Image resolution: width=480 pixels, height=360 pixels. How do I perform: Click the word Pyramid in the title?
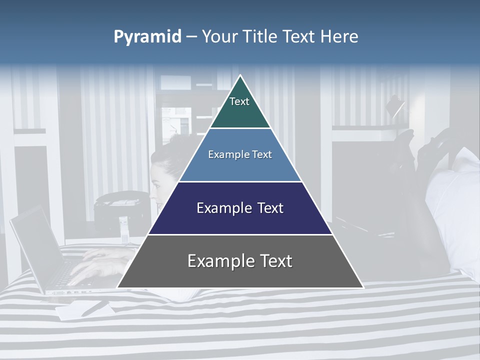coord(147,37)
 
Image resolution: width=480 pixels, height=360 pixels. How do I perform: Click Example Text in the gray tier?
coord(240,261)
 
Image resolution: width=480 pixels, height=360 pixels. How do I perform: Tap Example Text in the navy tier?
coord(240,208)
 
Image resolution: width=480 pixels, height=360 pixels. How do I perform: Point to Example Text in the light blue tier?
coord(240,154)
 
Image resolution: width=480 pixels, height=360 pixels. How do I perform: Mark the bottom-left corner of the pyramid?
coord(118,287)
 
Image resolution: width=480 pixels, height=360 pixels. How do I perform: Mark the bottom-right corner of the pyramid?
coord(362,287)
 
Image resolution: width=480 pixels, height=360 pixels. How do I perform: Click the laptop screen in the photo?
coord(35,245)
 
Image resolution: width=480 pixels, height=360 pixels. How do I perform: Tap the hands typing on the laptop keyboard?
coord(100,265)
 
